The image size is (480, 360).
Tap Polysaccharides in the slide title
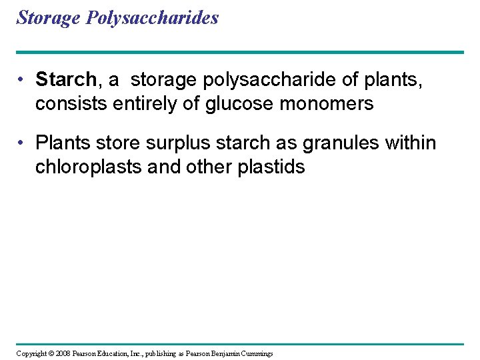[152, 18]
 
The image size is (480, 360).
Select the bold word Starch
[66, 80]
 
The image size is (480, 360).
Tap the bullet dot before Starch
[22, 80]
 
